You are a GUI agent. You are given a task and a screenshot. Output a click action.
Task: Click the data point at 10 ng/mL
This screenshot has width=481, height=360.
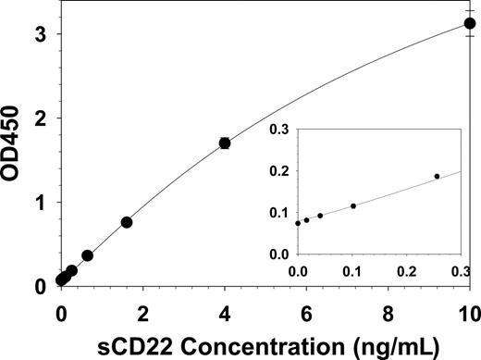470,24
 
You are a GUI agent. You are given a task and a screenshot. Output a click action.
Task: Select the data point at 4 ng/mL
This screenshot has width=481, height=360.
224,143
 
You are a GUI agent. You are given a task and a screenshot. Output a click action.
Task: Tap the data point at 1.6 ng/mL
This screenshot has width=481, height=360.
127,222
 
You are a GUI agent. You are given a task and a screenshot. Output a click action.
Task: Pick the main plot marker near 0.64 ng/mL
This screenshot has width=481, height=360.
87,255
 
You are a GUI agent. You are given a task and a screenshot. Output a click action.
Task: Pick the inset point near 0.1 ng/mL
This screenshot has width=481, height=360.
353,205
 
